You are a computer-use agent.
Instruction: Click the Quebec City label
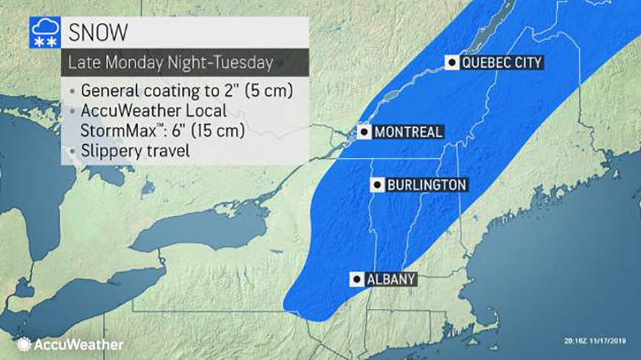click(x=502, y=63)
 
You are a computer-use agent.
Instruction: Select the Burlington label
click(x=426, y=185)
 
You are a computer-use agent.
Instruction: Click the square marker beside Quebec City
click(x=451, y=63)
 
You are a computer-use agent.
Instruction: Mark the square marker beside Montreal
click(x=364, y=133)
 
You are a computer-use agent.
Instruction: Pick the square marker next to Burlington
click(x=378, y=185)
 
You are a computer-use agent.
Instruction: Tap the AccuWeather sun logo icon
click(x=24, y=344)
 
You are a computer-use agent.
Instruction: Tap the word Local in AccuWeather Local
click(x=201, y=111)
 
